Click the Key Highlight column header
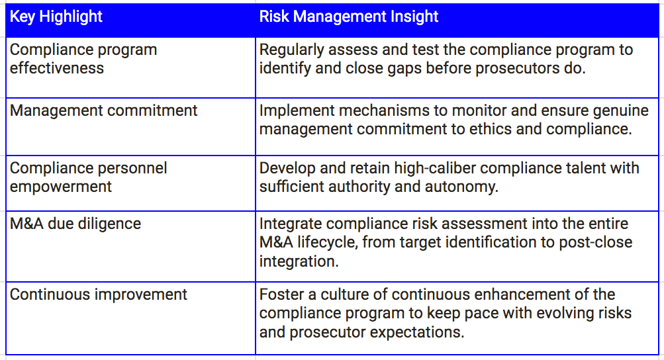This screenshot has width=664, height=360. coord(56,17)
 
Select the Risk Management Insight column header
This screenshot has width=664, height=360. coord(348,17)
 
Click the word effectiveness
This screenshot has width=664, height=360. coord(57,68)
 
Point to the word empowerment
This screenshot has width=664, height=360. coord(60,187)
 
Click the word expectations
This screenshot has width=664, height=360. coord(416,332)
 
